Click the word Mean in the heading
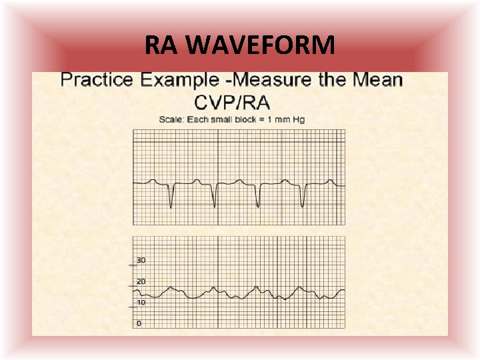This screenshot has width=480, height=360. (376, 81)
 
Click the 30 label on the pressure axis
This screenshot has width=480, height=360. (141, 260)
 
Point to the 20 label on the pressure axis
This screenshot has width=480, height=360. (141, 281)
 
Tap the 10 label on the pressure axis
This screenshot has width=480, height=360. (141, 302)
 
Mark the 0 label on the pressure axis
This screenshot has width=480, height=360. (139, 323)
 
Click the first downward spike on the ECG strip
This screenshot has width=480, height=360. (171, 203)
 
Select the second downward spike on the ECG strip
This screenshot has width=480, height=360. (215, 203)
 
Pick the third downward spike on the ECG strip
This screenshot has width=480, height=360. (259, 203)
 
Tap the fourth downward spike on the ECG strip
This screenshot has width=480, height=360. (303, 203)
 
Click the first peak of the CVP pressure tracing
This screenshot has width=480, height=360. (171, 289)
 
